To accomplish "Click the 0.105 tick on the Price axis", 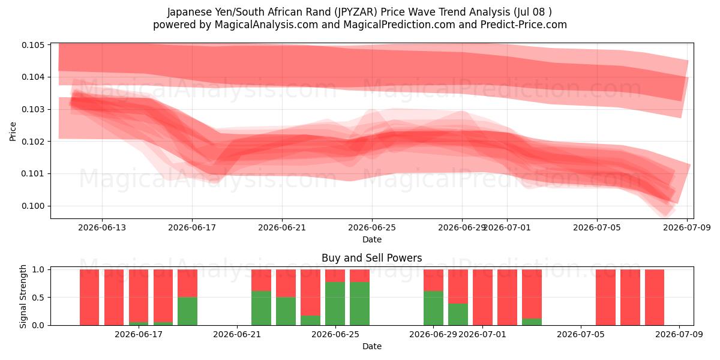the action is coord(32,45).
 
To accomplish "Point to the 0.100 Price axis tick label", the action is coord(32,206).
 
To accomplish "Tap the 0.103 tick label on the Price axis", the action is coord(32,109).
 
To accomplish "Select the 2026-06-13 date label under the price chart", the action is coord(102,227).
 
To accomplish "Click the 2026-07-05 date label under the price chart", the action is coord(597,227).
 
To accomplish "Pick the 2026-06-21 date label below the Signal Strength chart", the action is coord(237,334).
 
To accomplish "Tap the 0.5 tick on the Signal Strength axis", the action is coord(38,298).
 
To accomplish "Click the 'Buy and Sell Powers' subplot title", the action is coord(372,258).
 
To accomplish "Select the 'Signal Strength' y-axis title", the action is coord(23,296).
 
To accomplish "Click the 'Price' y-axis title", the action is coord(13,131).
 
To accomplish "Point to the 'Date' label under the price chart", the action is coord(372,239).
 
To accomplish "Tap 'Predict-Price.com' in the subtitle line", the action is coord(524,25).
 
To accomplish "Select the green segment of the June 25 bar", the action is coord(335,304).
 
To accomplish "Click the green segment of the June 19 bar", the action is coord(187,311).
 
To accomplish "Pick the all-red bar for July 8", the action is coord(655,298).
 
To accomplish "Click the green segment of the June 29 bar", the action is coord(433,308).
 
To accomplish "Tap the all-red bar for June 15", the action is coord(114,298).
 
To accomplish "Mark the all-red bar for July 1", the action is coord(482,298).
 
